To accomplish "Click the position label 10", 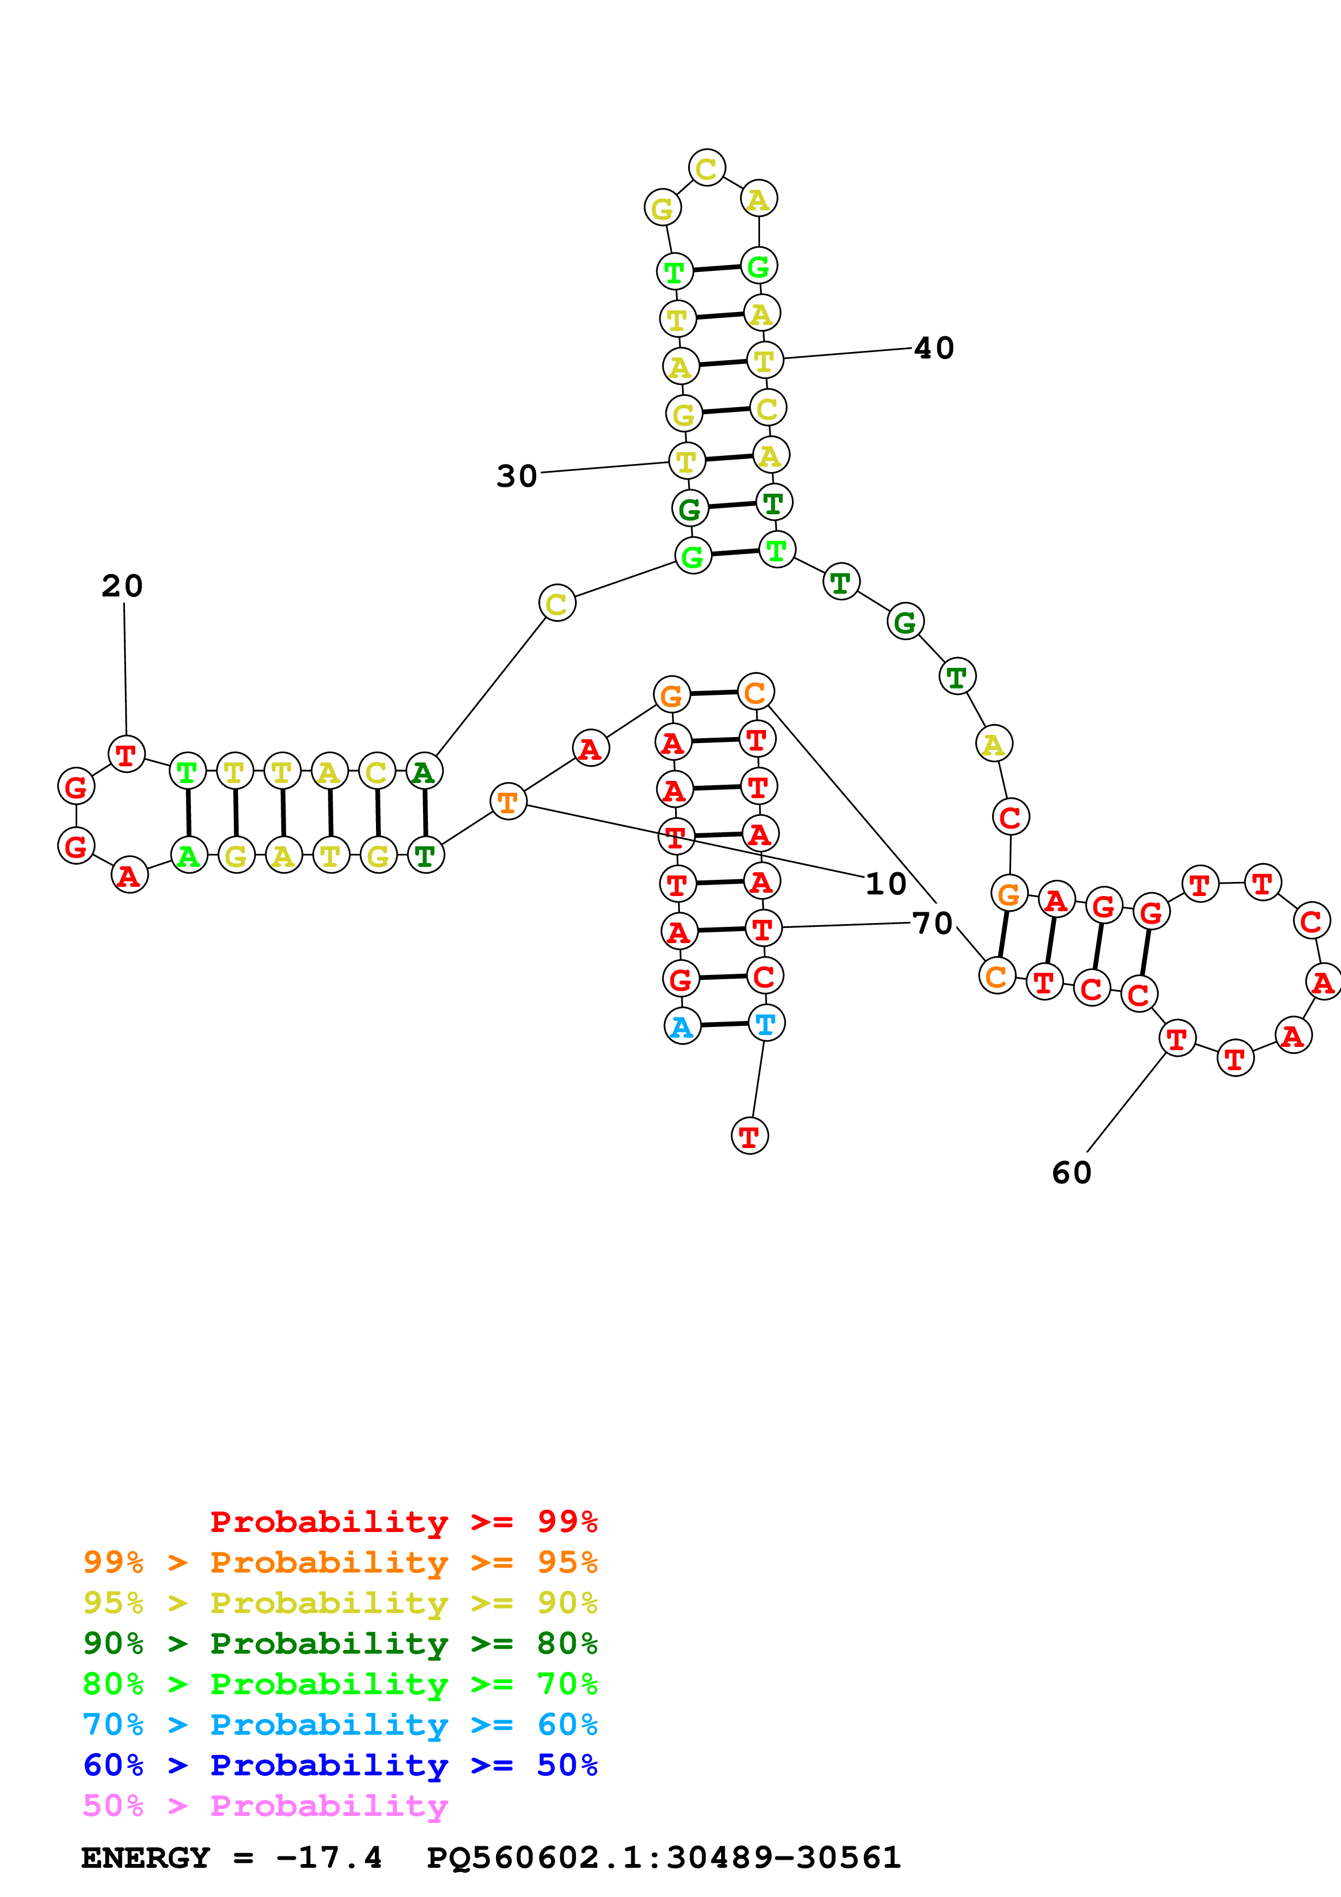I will [x=886, y=884].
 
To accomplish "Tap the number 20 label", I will [x=122, y=586].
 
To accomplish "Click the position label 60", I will [x=1072, y=1172].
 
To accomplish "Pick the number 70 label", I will [x=933, y=923].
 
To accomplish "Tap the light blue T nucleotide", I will [x=766, y=1024].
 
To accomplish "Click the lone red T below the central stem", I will [x=749, y=1136].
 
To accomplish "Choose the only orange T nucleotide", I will [x=508, y=801].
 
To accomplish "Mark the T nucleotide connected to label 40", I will [x=764, y=360].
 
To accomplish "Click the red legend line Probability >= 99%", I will [x=403, y=1521].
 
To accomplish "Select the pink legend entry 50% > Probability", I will [x=265, y=1805].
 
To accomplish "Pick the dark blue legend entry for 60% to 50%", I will [x=340, y=1765].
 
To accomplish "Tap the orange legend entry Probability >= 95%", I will [x=340, y=1562].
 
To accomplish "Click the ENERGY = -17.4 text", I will [x=232, y=1858].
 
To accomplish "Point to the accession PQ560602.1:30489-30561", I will [x=663, y=1858].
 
